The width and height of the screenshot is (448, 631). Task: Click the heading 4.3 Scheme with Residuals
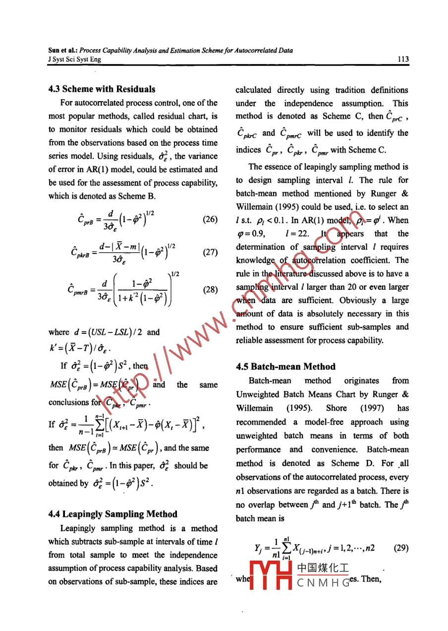click(102, 89)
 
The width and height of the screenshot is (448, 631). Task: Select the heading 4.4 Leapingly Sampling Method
click(112, 514)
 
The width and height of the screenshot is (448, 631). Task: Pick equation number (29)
click(400, 549)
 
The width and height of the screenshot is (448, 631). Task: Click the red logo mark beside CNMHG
click(270, 575)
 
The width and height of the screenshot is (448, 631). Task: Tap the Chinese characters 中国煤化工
click(323, 568)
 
